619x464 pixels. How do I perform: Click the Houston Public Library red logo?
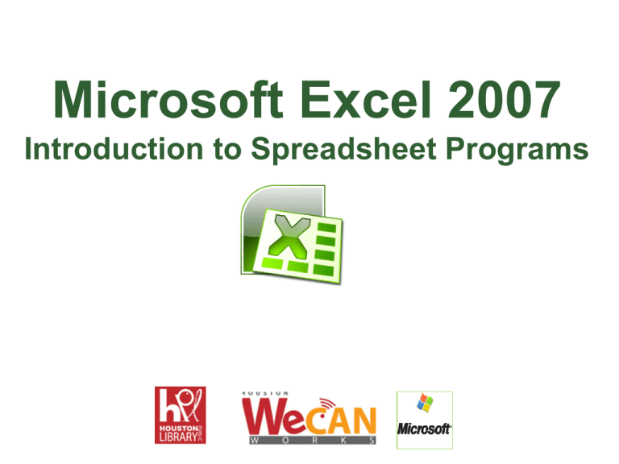180,414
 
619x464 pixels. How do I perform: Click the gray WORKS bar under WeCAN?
309,441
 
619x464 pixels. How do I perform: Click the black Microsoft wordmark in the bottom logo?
424,429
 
